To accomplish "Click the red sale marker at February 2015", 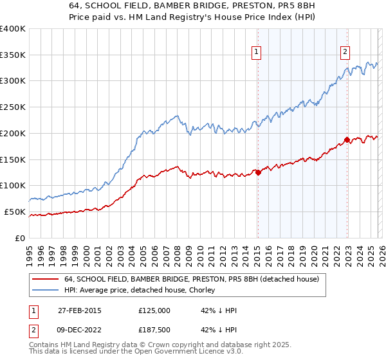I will pyautogui.click(x=258, y=172).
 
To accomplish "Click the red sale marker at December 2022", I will pyautogui.click(x=347, y=139).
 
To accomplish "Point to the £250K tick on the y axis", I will pyautogui.click(x=13, y=107).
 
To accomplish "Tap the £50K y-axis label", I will pyautogui.click(x=15, y=212).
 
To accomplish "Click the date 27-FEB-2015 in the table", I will pyautogui.click(x=79, y=310).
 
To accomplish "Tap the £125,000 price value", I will pyautogui.click(x=154, y=310).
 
